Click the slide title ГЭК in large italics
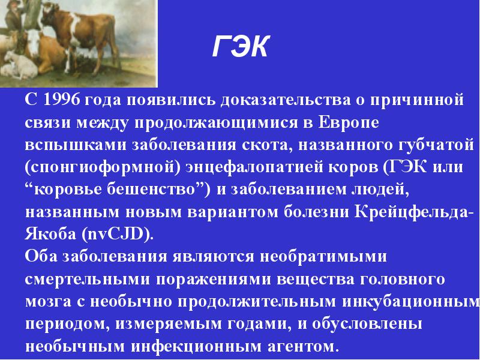tap(241, 46)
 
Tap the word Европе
tap(349, 122)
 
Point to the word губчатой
tap(436, 145)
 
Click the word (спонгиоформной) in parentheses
tap(103, 168)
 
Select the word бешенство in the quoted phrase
tap(152, 190)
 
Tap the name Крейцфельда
tap(410, 212)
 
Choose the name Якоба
tap(50, 233)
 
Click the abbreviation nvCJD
tap(116, 234)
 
